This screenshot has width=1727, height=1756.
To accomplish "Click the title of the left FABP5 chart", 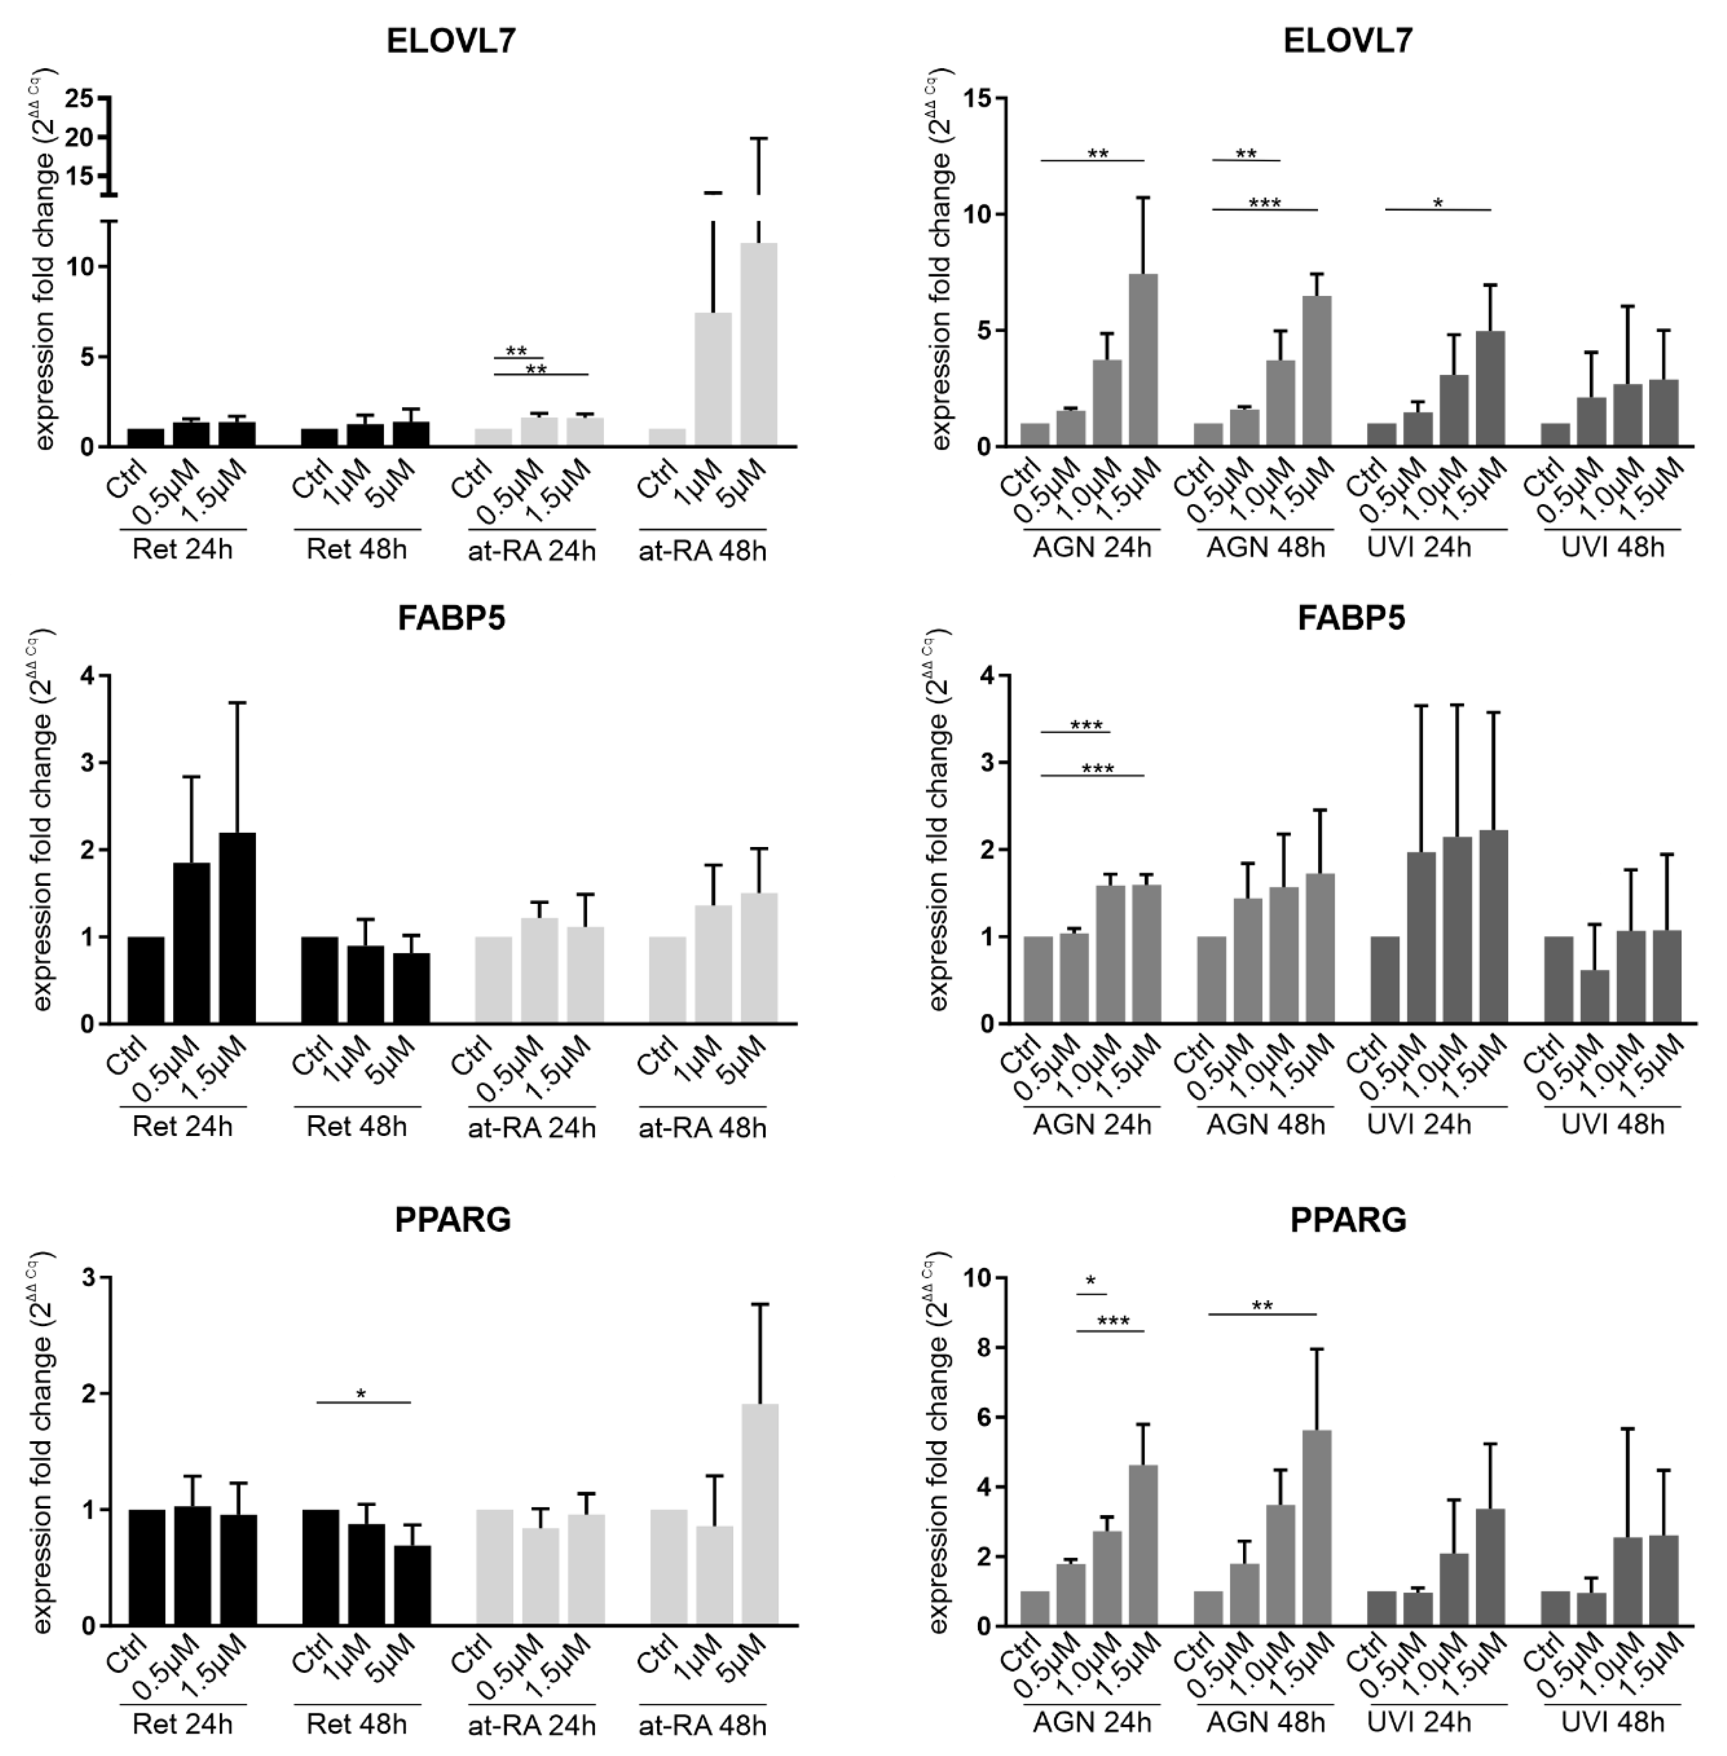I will point(451,619).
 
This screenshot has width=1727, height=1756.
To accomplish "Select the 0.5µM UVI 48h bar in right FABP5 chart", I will point(1595,996).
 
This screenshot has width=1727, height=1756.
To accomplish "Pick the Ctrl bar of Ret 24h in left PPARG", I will point(146,1567).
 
